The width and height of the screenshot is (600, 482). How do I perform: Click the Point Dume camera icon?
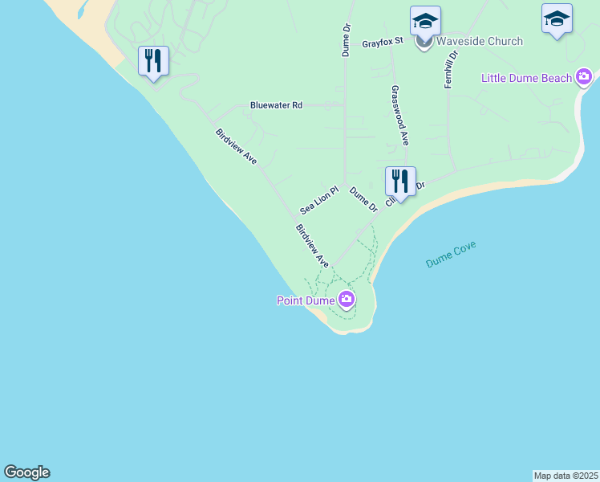[347, 300]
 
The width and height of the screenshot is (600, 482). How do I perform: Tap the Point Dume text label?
[306, 300]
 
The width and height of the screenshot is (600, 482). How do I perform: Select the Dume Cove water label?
[451, 254]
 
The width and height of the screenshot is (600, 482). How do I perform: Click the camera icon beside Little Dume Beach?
[583, 77]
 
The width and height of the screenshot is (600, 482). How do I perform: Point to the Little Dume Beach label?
[526, 78]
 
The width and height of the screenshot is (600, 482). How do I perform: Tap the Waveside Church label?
[480, 41]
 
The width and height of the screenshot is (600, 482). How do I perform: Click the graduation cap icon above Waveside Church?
[425, 21]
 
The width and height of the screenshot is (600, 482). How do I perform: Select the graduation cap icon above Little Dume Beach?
[557, 19]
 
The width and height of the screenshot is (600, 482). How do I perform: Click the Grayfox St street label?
[382, 43]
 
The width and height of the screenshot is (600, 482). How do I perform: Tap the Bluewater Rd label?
[276, 105]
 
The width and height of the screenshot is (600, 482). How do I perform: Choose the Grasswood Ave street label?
[399, 116]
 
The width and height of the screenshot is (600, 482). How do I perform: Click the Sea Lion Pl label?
[320, 200]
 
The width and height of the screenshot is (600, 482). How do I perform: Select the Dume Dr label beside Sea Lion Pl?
[363, 200]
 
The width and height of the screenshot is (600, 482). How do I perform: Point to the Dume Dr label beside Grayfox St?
[347, 39]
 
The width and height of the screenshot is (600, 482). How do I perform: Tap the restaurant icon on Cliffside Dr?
[400, 181]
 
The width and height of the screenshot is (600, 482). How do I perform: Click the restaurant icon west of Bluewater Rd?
[153, 61]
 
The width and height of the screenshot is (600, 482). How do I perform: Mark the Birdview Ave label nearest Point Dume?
[313, 245]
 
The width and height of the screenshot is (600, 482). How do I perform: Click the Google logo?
[26, 472]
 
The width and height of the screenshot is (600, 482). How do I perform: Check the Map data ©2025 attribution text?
[566, 476]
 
